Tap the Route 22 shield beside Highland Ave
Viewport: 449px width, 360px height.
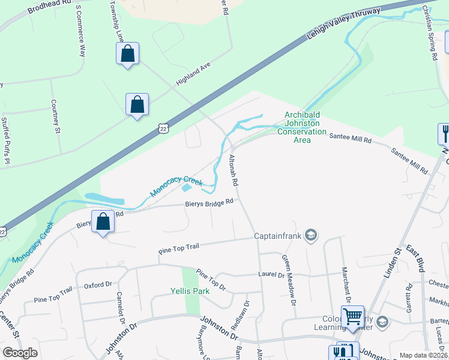[163, 128]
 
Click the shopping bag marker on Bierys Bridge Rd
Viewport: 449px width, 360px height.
[103, 221]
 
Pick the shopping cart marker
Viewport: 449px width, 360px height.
[352, 316]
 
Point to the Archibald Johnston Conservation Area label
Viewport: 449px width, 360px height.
[305, 128]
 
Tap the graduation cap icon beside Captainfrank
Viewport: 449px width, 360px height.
[311, 235]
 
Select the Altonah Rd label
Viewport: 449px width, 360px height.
[235, 170]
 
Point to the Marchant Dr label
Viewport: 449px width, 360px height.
[346, 284]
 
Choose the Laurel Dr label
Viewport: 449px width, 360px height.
[272, 275]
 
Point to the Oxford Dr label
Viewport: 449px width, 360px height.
[98, 285]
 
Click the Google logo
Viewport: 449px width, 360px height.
[20, 353]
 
